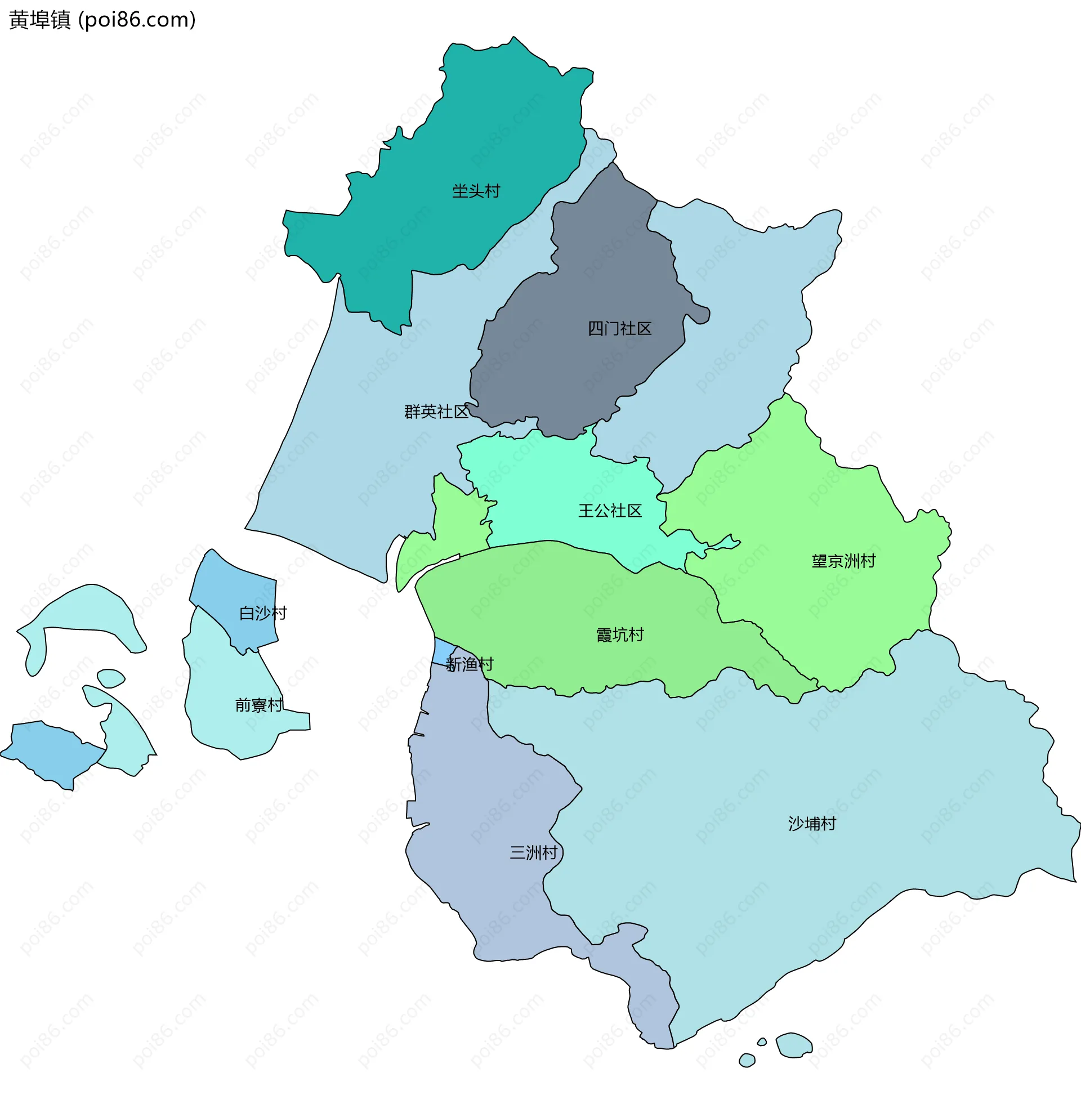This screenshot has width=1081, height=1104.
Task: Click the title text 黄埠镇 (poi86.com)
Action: [x=103, y=20]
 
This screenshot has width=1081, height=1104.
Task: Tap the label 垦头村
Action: [x=476, y=191]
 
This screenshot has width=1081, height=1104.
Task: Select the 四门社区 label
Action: [x=619, y=329]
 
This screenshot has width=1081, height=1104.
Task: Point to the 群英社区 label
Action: [x=436, y=412]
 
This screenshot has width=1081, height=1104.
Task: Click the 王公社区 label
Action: [x=610, y=511]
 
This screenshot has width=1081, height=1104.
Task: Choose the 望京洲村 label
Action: [x=843, y=561]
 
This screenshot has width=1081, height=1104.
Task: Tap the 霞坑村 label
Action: [x=620, y=634]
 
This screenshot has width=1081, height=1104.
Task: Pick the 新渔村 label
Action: [x=470, y=664]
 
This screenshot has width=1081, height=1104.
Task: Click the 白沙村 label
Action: [x=263, y=613]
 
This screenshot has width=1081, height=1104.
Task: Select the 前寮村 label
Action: [x=259, y=705]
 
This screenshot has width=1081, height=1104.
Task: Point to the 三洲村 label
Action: [x=534, y=852]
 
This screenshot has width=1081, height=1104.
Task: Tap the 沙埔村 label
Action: [x=812, y=824]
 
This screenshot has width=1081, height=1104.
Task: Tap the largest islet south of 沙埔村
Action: [x=793, y=1044]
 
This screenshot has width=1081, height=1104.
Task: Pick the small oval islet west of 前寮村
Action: [x=110, y=678]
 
